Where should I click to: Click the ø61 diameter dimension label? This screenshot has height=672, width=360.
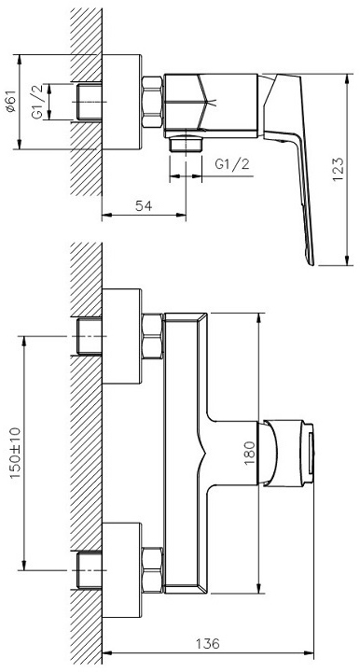tap(11, 102)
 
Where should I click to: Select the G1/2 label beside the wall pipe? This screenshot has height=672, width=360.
tap(37, 102)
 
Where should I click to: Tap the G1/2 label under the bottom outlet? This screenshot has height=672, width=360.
tap(231, 164)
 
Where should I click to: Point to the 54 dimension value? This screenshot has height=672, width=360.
tap(144, 206)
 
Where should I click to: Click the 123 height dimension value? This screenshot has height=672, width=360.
tap(339, 169)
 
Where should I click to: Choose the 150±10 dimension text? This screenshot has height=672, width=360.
tap(15, 453)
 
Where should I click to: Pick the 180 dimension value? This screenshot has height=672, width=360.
tap(250, 453)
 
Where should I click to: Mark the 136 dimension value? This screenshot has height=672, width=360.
tap(208, 643)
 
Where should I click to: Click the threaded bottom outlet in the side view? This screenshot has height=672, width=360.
tap(186, 144)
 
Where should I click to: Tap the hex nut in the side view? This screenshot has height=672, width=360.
tap(152, 102)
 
